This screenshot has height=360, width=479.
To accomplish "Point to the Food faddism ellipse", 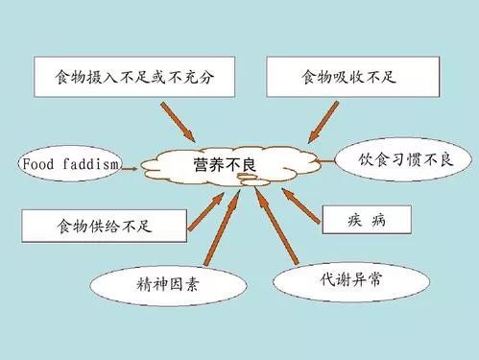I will tap(70, 165).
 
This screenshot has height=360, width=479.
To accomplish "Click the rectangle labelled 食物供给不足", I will tap(89, 228).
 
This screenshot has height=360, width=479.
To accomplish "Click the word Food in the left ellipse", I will tap(38, 165).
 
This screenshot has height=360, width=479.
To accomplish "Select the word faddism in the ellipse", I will tap(90, 165).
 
